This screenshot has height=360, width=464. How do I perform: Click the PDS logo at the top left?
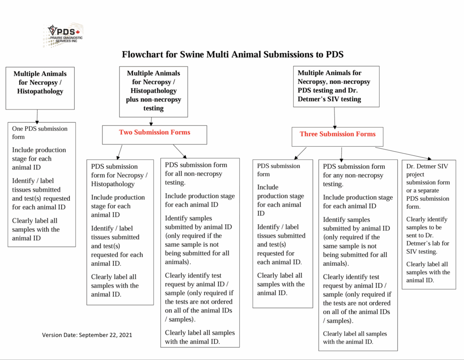(63, 35)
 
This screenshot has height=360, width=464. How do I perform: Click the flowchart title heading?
(232, 55)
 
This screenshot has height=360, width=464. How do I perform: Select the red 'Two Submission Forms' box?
(155, 133)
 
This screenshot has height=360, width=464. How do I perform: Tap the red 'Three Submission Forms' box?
(337, 134)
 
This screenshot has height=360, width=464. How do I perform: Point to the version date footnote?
(87, 335)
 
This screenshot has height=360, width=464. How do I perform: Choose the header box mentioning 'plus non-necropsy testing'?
(153, 91)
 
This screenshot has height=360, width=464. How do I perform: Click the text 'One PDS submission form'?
(39, 133)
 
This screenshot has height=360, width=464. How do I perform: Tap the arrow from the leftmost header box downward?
(38, 115)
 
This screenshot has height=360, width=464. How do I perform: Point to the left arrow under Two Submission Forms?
(120, 151)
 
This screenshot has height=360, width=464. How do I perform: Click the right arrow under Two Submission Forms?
(179, 151)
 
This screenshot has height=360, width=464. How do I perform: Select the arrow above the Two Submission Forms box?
(152, 121)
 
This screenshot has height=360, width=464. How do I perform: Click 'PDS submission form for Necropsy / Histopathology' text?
(119, 175)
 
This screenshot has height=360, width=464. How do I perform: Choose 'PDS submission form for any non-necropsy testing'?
(353, 175)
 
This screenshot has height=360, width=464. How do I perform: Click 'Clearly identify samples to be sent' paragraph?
(427, 235)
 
